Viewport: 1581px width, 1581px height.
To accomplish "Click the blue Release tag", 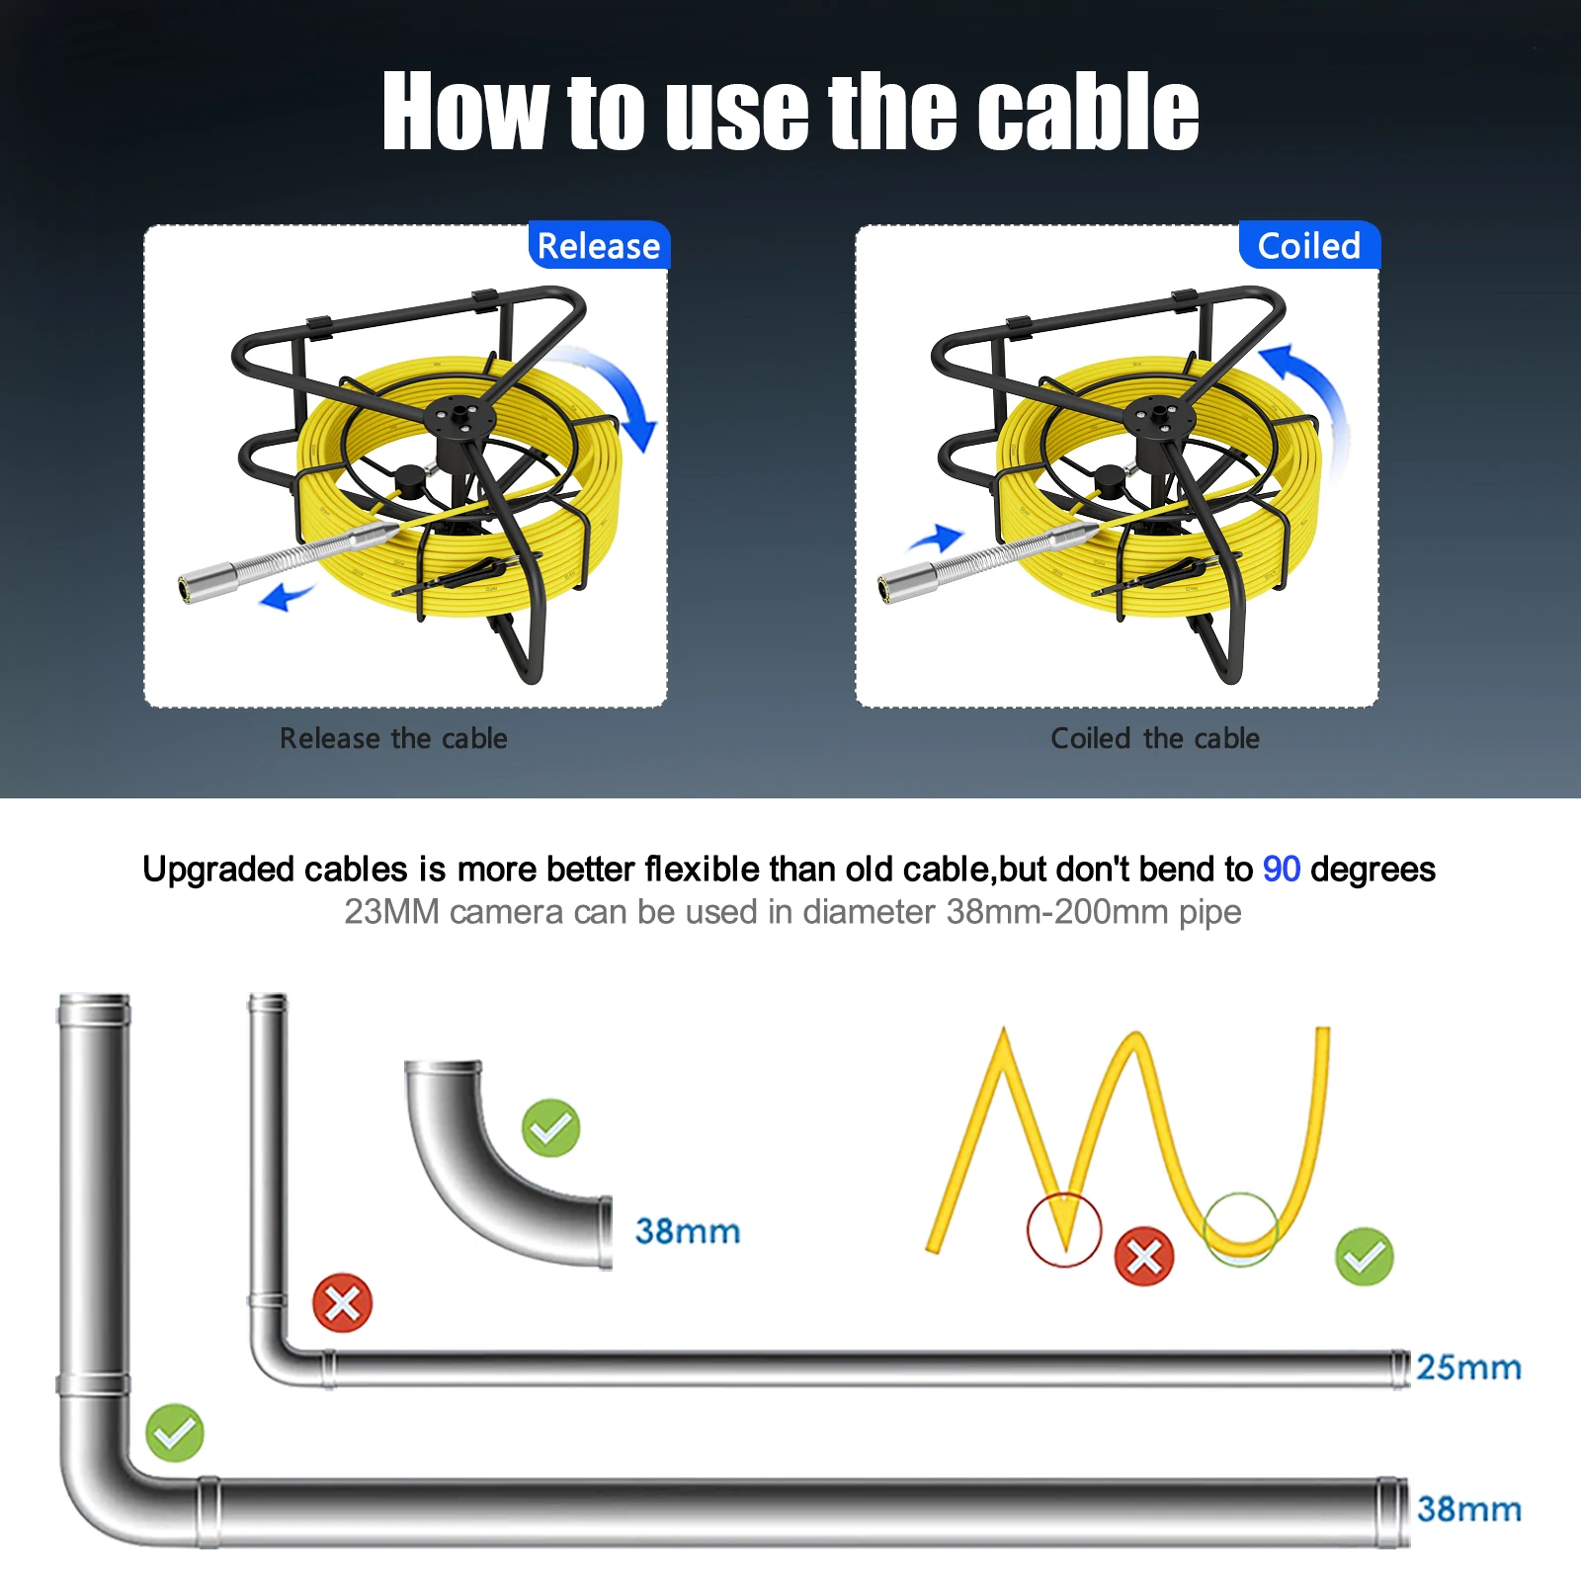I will coord(599,245).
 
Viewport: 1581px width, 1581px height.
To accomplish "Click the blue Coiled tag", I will coord(1308,245).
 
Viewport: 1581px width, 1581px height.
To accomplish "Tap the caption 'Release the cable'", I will coord(393,738).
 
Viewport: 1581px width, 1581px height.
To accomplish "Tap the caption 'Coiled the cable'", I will coord(1154,738).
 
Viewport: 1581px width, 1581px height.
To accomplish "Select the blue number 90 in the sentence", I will coord(1281,869).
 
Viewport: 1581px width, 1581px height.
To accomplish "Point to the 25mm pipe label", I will coord(1468,1368).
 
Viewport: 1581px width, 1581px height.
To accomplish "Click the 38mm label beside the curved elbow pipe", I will coord(688,1231).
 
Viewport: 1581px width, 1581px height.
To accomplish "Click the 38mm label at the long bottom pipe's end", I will coord(1468,1509).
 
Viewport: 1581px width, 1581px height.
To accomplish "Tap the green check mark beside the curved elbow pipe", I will coord(550,1127).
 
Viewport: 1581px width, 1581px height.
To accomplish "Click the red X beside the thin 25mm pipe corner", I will coord(342,1303).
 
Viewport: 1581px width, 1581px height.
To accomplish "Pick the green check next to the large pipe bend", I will coord(175,1433).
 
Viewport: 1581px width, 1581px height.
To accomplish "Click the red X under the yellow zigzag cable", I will coord(1144,1257).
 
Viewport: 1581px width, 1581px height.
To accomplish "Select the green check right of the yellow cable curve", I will coord(1364,1257).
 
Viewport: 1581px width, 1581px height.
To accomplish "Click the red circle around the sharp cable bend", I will coord(1064,1229).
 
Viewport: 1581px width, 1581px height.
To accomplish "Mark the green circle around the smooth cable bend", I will coord(1241,1229).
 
